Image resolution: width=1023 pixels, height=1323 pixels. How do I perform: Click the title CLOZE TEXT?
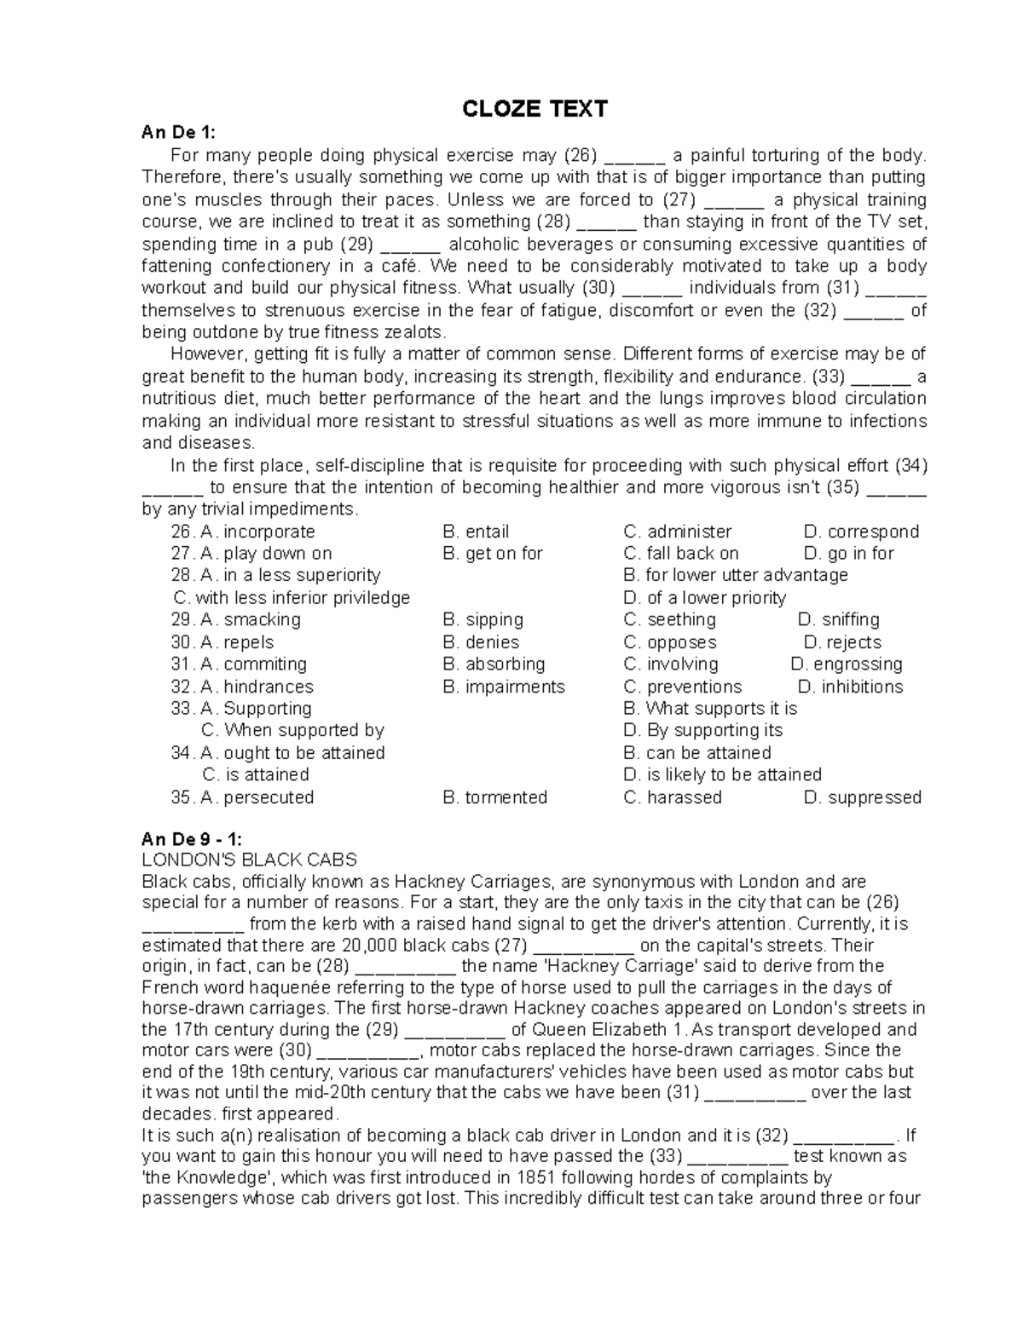535,109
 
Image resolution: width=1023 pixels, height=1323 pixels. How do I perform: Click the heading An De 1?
179,132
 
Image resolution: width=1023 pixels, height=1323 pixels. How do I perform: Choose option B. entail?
476,532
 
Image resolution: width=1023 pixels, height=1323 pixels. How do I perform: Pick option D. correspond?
861,532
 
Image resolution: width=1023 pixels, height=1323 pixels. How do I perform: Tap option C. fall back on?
681,554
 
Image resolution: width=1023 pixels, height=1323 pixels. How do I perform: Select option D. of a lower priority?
705,598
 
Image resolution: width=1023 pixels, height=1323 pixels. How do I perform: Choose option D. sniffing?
838,620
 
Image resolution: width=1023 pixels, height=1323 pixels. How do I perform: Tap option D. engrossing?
846,664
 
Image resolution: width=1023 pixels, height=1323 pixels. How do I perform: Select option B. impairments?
503,687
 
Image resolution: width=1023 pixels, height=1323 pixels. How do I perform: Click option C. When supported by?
292,731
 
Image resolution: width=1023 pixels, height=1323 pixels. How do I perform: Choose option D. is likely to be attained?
722,775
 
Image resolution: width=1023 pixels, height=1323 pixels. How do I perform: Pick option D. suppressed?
862,797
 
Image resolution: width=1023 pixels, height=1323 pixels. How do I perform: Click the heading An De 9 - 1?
192,839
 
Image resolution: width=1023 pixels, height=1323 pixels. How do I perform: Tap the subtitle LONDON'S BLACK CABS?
249,860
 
